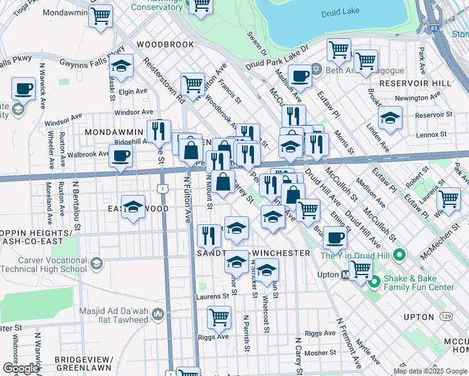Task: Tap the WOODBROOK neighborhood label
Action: point(166,45)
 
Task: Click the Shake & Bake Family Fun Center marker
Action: point(374,283)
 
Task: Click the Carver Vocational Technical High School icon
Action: point(96,263)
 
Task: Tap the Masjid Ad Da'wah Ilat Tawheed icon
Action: point(158,313)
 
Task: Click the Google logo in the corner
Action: point(21,368)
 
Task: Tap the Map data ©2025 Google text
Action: point(429,371)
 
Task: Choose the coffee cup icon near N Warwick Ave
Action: point(24,88)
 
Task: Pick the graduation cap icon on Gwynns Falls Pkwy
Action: point(121,65)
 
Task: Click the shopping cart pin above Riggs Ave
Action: point(219,317)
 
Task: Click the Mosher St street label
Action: point(320,353)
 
